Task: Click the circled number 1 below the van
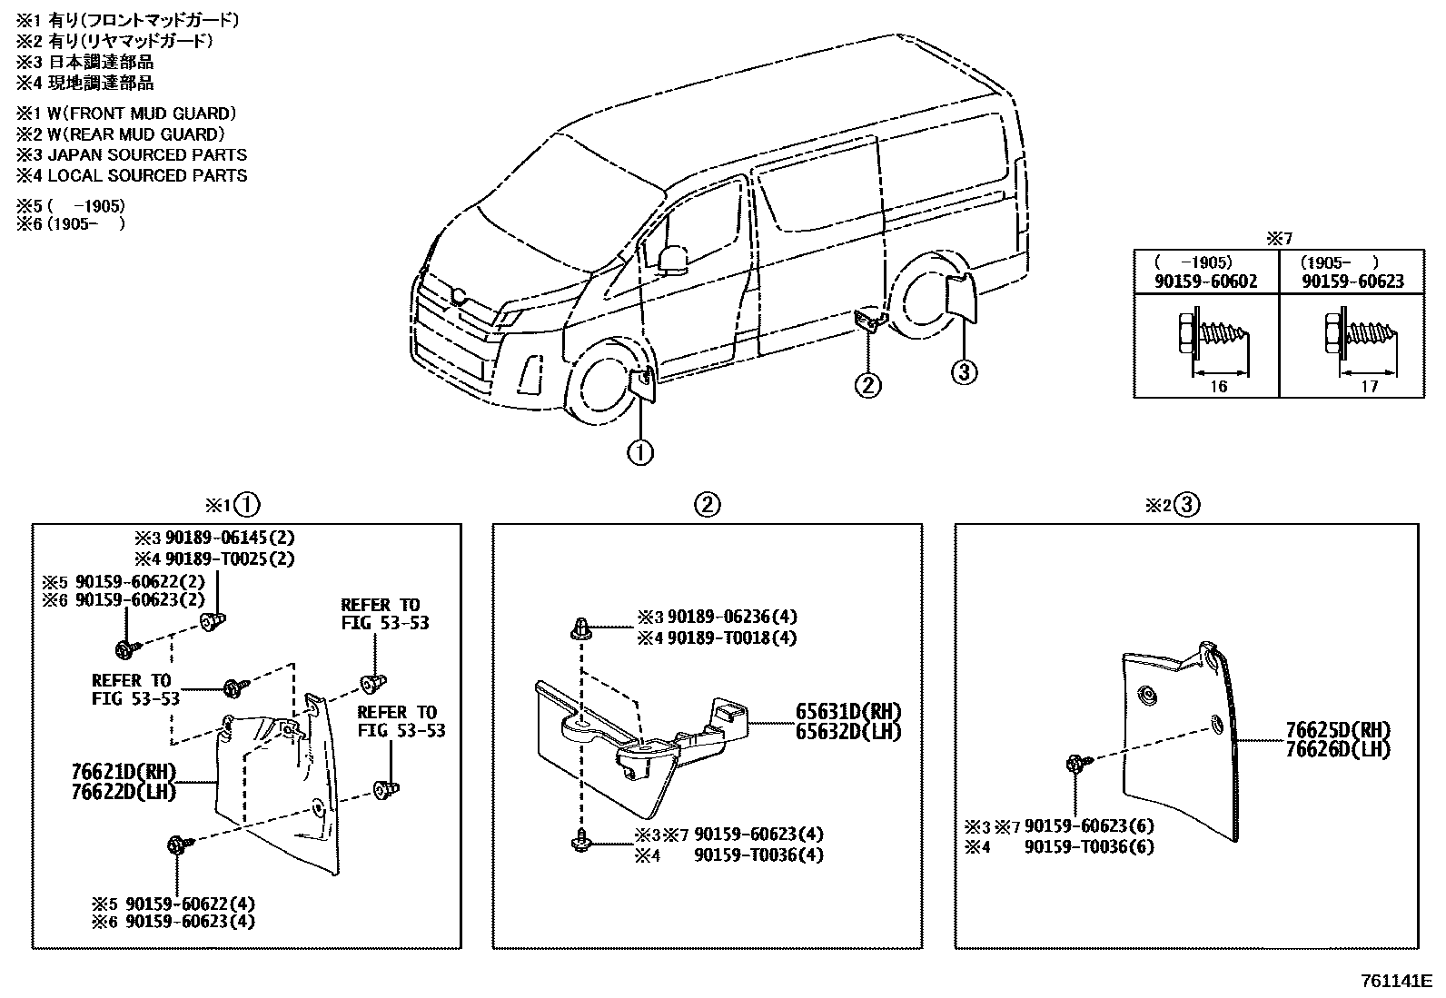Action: coord(640,451)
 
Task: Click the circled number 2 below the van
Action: coord(867,385)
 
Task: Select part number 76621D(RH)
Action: coord(123,772)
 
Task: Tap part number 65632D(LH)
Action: coord(848,731)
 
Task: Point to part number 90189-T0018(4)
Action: coord(731,637)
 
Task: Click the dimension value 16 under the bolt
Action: coord(1218,387)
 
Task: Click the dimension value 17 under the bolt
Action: coord(1369,387)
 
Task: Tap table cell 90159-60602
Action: coord(1205,282)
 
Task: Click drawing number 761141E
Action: coord(1395,981)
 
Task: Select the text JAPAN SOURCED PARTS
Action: coord(147,154)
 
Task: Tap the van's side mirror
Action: coord(673,259)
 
